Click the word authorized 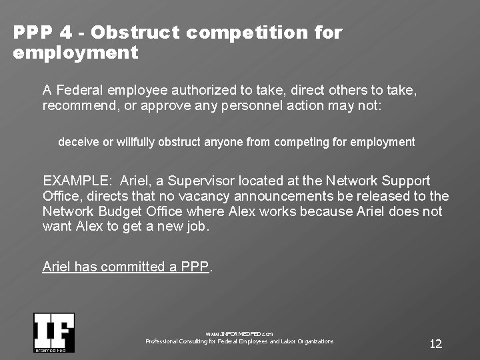point(204,90)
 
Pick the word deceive point(77,142)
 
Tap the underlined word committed point(128,267)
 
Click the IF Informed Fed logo point(54,332)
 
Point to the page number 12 point(435,344)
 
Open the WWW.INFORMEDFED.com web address point(239,333)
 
